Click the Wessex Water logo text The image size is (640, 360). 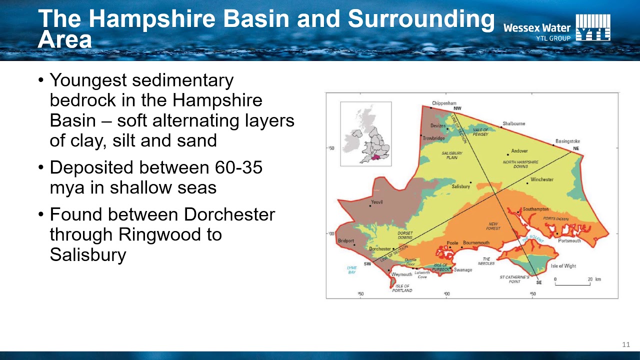pos(536,28)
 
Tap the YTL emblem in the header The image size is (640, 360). pos(593,27)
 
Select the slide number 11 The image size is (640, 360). pos(625,344)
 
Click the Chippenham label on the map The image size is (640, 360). pos(444,103)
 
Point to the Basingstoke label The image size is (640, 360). pos(567,141)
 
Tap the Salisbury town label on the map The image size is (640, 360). pos(461,186)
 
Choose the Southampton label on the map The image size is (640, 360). pos(535,209)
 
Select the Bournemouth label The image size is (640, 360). pos(476,243)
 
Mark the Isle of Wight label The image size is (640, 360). pos(563,266)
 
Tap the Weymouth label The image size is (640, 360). pos(401,274)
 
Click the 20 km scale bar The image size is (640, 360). pos(572,283)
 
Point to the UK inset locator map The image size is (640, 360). pos(366,133)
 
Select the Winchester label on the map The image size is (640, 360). pos(542,179)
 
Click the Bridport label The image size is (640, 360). pos(345,241)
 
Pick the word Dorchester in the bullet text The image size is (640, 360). pos(229,214)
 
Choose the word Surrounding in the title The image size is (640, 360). pos(421,19)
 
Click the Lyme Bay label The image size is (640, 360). pos(352,270)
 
